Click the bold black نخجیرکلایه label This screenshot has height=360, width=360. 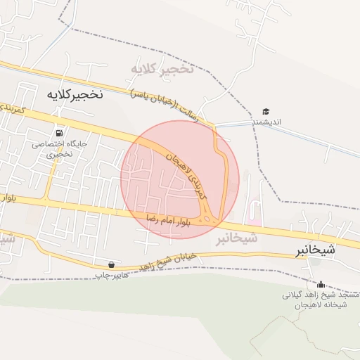pyautogui.click(x=75, y=94)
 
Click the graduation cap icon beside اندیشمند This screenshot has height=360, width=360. pyautogui.click(x=266, y=112)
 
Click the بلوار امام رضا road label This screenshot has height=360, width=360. pyautogui.click(x=169, y=221)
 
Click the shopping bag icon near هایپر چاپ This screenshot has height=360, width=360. pyautogui.click(x=112, y=264)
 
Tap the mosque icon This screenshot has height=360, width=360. pyautogui.click(x=321, y=284)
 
